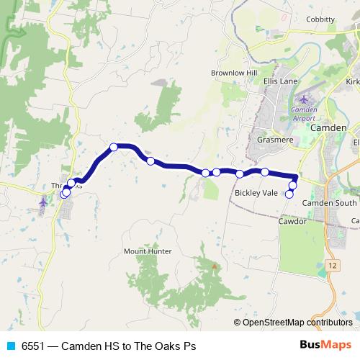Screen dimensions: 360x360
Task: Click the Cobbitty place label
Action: click(x=320, y=19)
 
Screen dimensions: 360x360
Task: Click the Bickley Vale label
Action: click(x=256, y=193)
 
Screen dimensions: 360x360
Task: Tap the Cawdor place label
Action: click(x=292, y=222)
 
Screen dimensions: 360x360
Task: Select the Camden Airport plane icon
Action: click(x=303, y=99)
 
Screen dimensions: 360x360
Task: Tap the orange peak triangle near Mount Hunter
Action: click(x=214, y=266)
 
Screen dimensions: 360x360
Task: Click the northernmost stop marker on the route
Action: click(x=114, y=147)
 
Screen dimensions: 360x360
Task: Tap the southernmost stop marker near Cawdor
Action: click(x=290, y=194)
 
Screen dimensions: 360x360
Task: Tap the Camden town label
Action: click(x=328, y=127)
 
